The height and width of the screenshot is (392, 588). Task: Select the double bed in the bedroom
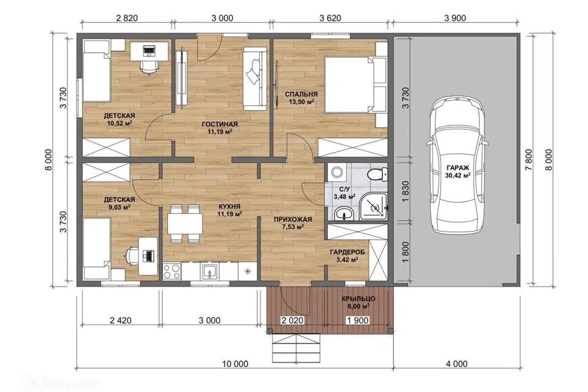tap(355, 85)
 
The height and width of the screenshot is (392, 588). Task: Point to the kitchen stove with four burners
tap(172, 271)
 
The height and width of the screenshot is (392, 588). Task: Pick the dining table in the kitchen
tap(185, 224)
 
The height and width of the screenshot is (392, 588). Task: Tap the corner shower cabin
tap(374, 206)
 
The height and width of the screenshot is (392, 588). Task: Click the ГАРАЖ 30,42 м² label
tap(458, 171)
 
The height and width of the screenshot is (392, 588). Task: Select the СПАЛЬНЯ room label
tap(301, 94)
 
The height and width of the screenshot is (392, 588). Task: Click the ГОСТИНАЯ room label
tap(220, 124)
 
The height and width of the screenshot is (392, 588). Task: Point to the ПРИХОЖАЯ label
tap(293, 219)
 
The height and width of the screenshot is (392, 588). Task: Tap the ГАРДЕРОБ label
tap(347, 252)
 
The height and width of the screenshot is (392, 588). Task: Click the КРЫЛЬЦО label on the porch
tap(358, 299)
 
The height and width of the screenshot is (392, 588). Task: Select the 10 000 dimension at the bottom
tap(235, 363)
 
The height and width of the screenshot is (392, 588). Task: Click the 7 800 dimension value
tap(529, 159)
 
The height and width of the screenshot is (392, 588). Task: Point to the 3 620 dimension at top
tap(330, 18)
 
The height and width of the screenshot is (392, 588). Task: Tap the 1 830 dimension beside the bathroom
tap(405, 192)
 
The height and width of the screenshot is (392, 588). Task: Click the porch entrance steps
tap(296, 348)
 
